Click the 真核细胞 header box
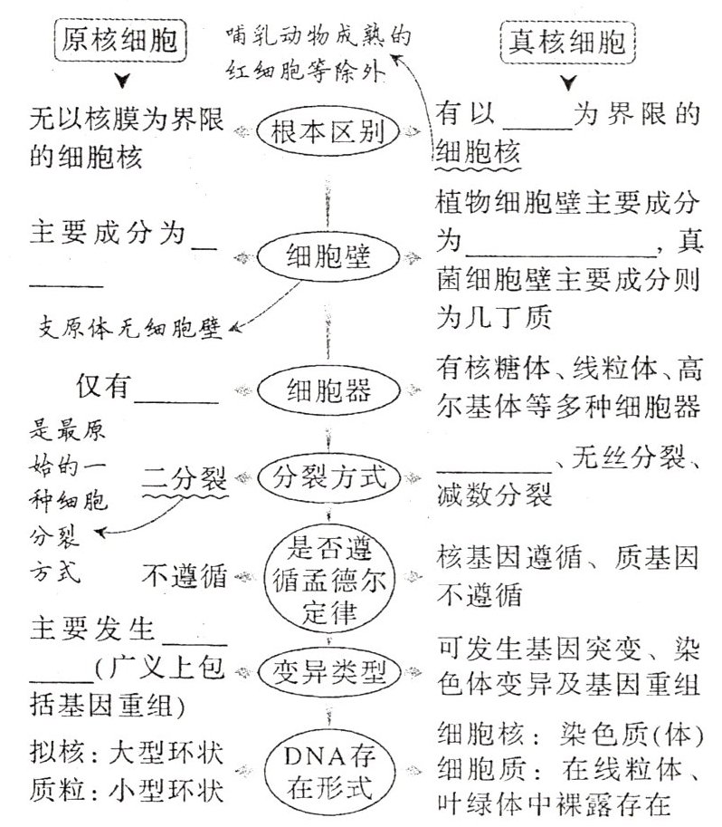coord(567,43)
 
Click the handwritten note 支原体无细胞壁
coord(130,326)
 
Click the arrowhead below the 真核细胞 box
coord(567,85)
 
